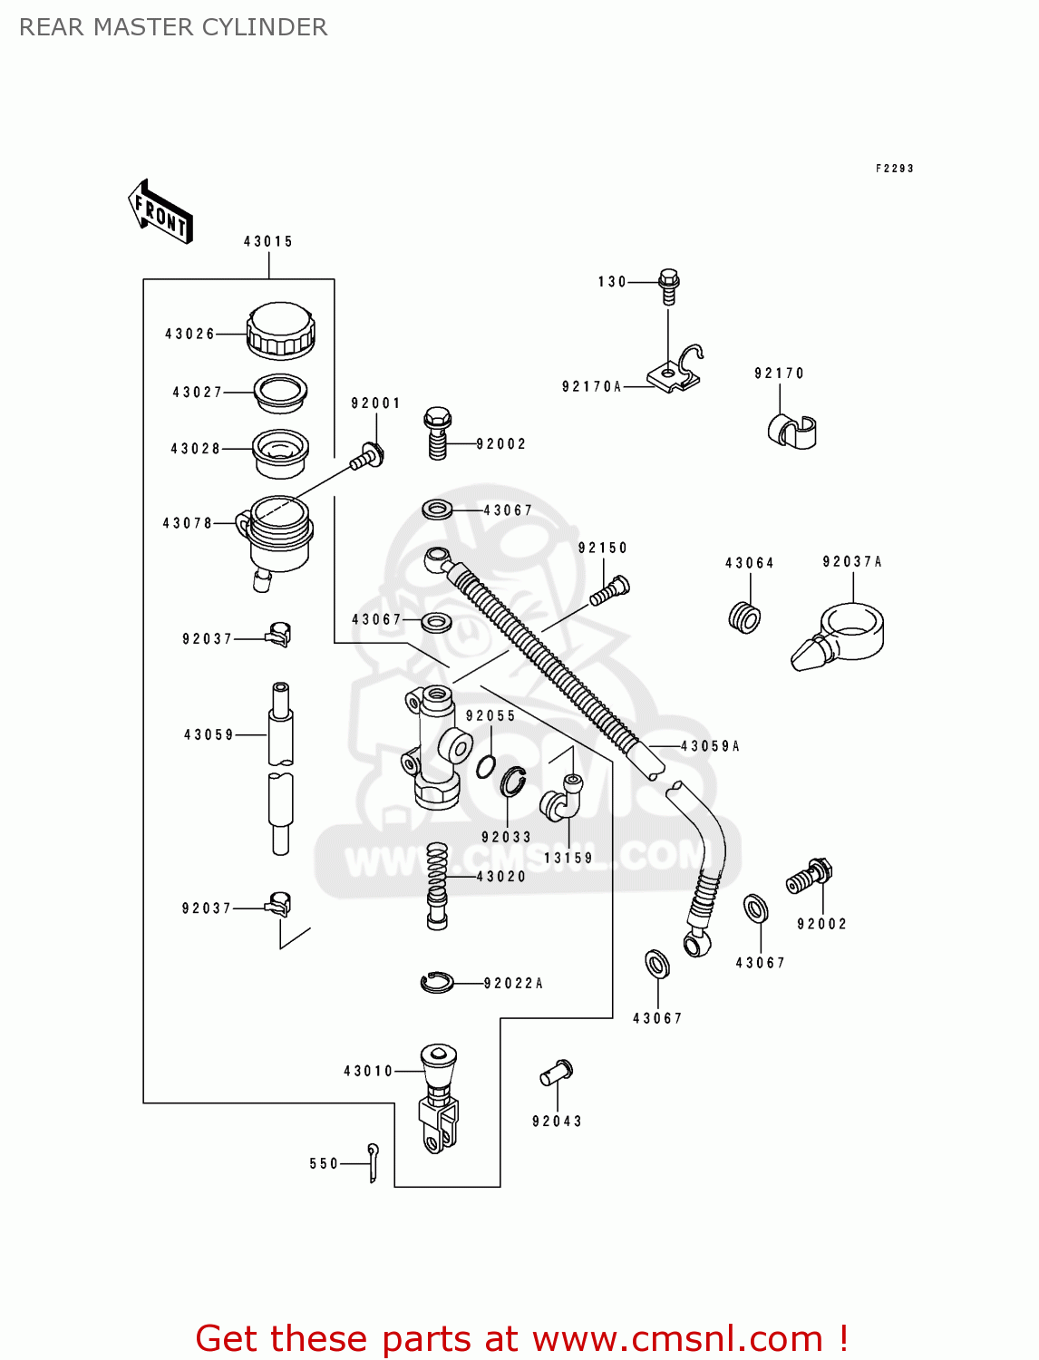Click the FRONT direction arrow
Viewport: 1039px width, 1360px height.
point(160,212)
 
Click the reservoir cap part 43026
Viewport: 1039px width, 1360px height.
point(280,329)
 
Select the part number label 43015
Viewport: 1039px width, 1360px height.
point(268,241)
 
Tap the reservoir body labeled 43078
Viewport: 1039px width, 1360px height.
point(277,535)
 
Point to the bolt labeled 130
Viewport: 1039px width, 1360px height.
point(668,285)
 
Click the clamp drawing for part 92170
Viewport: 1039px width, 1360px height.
point(791,431)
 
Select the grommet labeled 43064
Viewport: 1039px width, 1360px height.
point(744,617)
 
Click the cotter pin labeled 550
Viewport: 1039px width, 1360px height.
point(373,1162)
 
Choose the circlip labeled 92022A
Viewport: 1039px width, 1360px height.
point(438,982)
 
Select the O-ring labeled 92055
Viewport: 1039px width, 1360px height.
point(486,766)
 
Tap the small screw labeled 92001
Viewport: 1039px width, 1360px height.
point(367,456)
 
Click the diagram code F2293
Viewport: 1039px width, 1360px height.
point(894,169)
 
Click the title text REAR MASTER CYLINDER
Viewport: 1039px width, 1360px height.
point(173,27)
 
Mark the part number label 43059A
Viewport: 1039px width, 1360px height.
point(711,746)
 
